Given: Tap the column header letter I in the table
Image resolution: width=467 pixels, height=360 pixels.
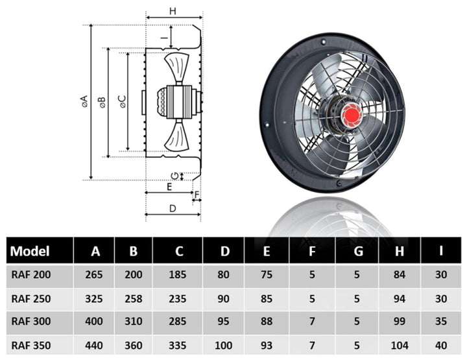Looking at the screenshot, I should [x=441, y=251].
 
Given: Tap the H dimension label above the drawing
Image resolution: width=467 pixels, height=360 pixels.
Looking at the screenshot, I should [x=173, y=10].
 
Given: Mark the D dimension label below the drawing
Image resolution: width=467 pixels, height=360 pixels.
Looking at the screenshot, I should [x=173, y=208].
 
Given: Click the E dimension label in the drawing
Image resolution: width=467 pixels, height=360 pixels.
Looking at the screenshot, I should [x=169, y=187].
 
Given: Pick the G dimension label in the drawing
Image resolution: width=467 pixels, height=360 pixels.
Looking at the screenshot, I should [x=173, y=176].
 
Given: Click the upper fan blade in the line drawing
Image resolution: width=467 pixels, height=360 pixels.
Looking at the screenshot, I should [x=177, y=66].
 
